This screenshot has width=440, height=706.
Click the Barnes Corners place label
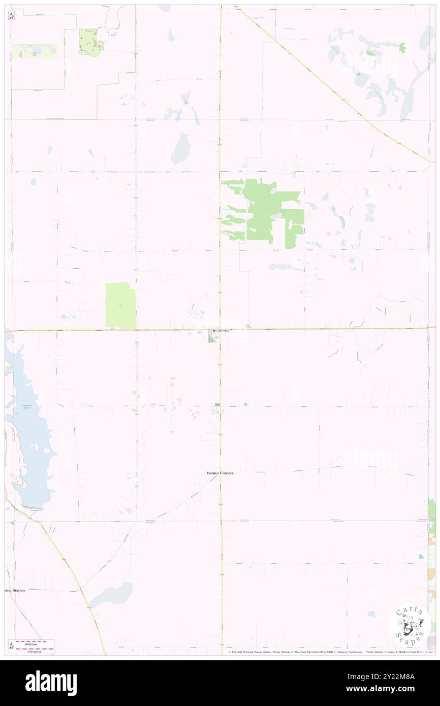[x=219, y=473]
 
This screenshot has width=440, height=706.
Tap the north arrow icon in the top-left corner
[x=11, y=16]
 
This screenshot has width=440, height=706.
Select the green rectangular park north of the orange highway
[x=120, y=305]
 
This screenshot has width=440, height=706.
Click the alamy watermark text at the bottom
[x=51, y=682]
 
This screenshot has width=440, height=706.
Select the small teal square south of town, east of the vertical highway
[x=245, y=404]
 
